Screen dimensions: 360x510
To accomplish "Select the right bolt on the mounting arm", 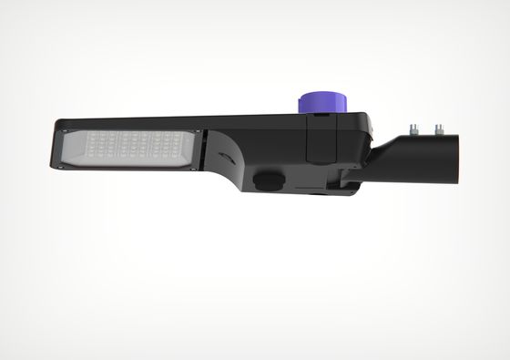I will tap(438, 130).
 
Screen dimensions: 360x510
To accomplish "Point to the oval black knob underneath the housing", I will tap(266, 180).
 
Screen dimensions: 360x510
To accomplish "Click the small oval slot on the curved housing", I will tap(224, 158).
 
